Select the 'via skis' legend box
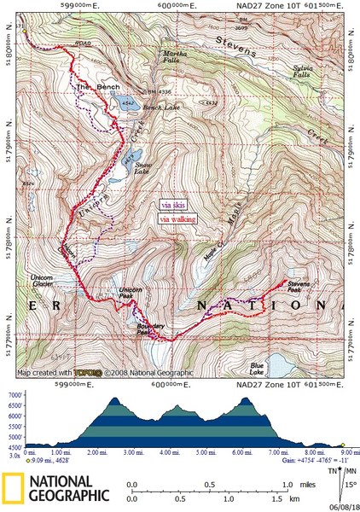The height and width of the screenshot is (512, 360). click(174, 206)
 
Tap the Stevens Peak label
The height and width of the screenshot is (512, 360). click(299, 286)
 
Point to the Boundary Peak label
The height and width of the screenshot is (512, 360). click(150, 327)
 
